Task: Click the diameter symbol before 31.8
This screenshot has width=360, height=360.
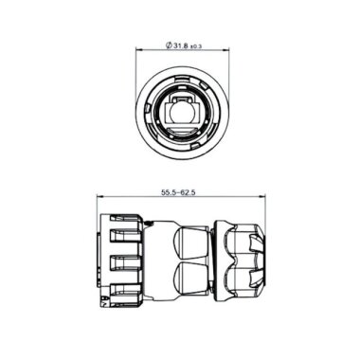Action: [167, 45]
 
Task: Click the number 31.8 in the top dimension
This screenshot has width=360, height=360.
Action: [181, 45]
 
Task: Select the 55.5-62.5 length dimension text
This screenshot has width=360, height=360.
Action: [180, 193]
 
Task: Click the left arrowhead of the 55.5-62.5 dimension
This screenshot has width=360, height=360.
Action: [102, 200]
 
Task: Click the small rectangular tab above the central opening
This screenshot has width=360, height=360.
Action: [180, 99]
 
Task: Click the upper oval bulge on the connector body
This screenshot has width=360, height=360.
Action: [189, 241]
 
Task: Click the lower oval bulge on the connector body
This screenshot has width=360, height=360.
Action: [189, 280]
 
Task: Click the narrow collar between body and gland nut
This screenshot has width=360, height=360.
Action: [214, 261]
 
